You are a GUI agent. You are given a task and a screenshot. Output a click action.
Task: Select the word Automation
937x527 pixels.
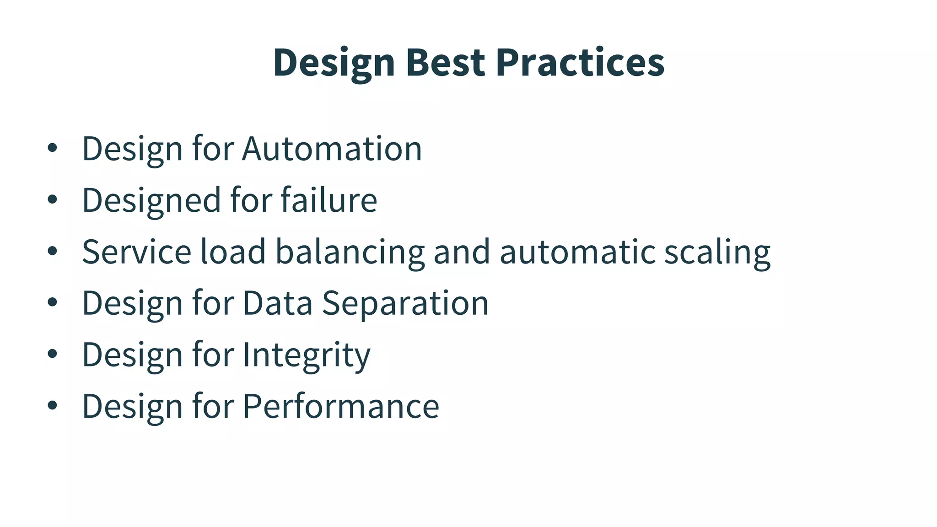coord(332,149)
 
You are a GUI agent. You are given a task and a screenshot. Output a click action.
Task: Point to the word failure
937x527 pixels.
coord(328,200)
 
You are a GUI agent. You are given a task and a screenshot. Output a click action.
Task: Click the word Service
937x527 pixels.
coord(136,252)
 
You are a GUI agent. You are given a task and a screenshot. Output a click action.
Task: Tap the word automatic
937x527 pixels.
coord(578,252)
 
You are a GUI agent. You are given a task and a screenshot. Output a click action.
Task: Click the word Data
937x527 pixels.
coord(277,303)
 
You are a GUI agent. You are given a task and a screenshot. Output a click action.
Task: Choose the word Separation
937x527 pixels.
coord(405,304)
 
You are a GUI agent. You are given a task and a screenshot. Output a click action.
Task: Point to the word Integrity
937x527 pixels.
coord(306,355)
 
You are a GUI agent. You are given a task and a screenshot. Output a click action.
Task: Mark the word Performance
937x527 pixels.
coord(340,406)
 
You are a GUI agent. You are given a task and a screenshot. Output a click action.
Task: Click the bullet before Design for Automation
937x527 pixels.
coord(52,148)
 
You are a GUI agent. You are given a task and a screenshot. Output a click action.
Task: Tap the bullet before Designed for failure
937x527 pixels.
coord(52,199)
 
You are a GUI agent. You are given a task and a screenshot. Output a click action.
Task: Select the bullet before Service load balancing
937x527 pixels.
coord(52,251)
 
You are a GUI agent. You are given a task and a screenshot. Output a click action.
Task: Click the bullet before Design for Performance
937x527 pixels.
coord(52,405)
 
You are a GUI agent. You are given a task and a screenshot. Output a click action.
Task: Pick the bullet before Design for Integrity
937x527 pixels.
coord(52,354)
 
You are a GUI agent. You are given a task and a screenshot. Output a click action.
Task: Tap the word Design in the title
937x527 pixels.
coord(334,63)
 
